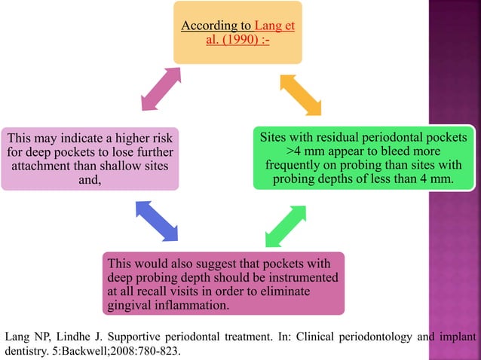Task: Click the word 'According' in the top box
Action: [x=204, y=26]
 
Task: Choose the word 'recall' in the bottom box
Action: [x=164, y=291]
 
